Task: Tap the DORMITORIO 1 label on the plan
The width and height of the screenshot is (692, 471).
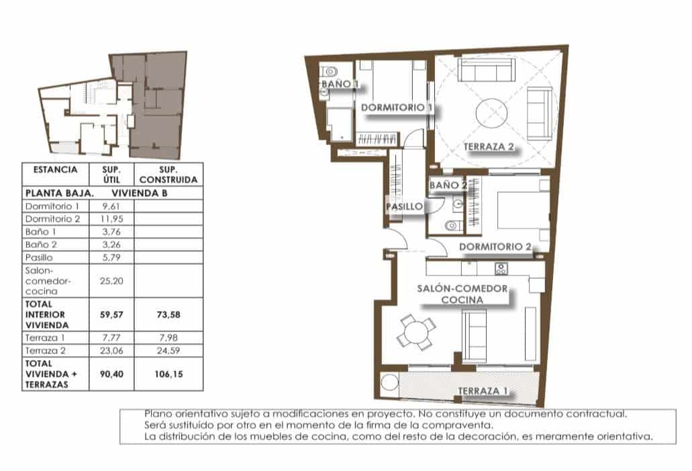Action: pos(396,108)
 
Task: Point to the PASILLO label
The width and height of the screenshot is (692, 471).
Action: pos(405,206)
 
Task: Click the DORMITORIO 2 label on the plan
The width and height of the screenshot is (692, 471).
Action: pos(495,247)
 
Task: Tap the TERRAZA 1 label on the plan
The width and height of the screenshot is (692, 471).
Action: pos(484,390)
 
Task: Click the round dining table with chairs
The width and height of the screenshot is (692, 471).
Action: pos(416,333)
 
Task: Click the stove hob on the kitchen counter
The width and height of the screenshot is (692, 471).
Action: pos(501,269)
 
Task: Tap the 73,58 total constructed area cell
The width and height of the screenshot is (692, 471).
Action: pos(168,314)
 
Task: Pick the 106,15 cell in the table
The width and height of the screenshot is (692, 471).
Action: pos(168,374)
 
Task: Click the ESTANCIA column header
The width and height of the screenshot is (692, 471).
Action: pos(55,171)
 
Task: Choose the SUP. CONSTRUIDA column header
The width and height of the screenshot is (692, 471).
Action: pos(168,175)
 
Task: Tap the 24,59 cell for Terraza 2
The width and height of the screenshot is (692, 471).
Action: pos(168,350)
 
